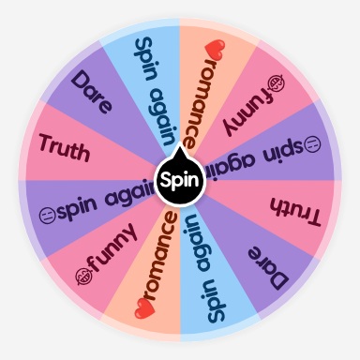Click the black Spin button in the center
click(179, 179)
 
